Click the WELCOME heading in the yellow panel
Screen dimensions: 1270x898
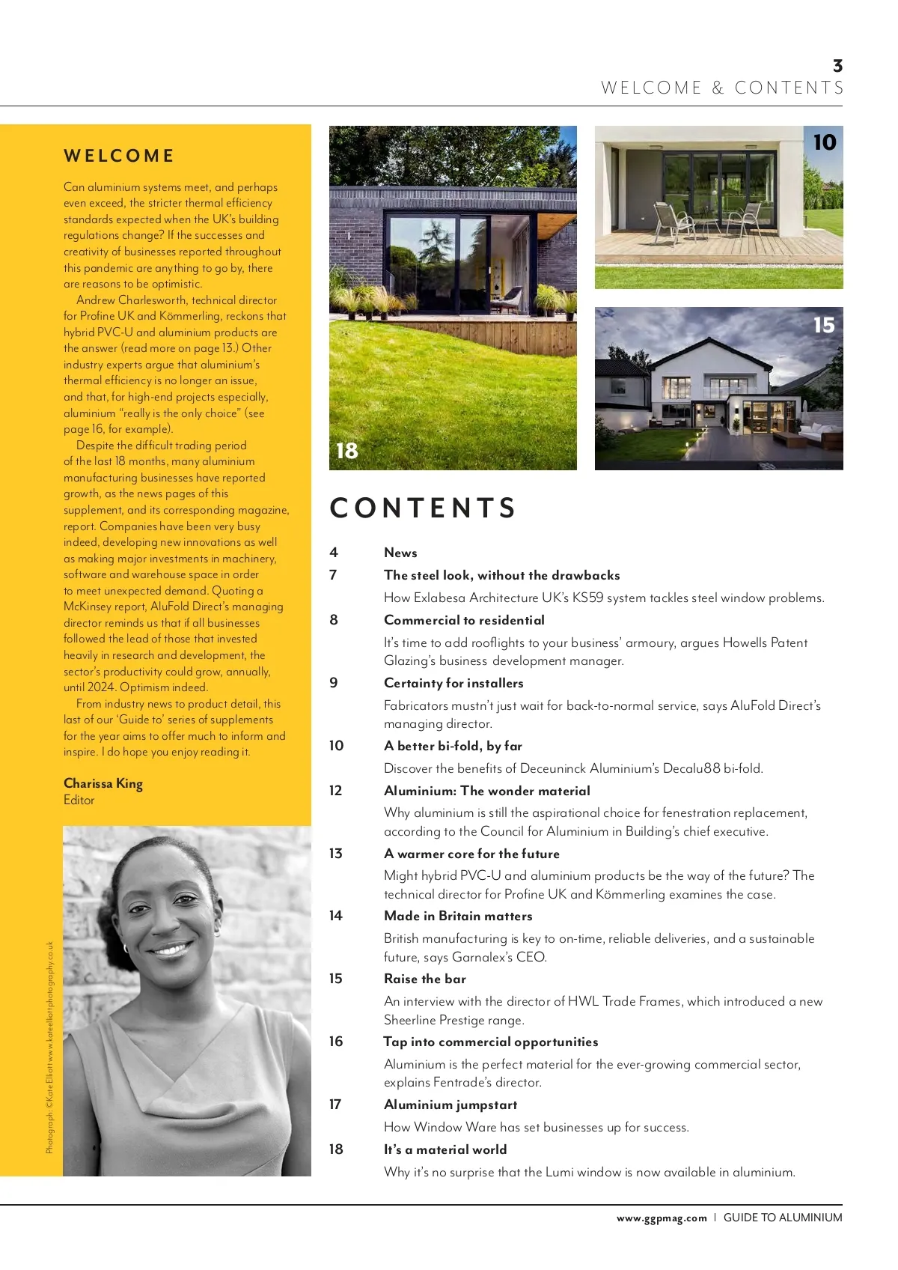coord(119,156)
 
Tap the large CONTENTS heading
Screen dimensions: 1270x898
coord(423,508)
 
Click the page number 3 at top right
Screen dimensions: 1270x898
coord(837,66)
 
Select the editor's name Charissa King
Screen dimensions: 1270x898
coord(103,783)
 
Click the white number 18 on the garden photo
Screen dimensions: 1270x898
coord(347,451)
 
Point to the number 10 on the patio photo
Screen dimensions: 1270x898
coord(824,142)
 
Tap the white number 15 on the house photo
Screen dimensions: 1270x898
coord(823,325)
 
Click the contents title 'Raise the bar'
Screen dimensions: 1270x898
coord(425,979)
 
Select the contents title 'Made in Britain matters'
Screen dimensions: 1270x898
coord(458,916)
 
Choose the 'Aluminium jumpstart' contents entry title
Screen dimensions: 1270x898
coord(450,1105)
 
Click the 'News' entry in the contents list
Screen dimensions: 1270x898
coord(400,553)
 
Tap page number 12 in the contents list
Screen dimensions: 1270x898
coord(335,790)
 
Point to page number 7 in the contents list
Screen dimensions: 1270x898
coord(333,575)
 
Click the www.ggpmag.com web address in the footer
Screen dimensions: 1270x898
coord(662,1218)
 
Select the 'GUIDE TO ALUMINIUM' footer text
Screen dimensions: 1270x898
coord(783,1218)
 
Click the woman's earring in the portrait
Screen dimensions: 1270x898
coord(126,948)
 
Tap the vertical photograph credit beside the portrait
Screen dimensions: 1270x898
coord(49,1047)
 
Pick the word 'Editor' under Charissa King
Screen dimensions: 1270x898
coord(79,800)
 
